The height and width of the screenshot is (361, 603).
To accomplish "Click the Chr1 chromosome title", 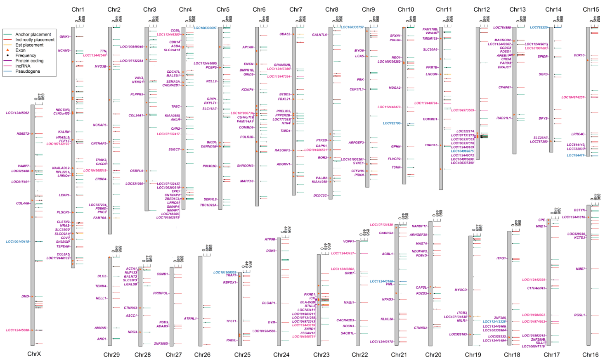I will point(78,9).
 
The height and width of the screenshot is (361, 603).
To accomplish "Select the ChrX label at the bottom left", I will point(34,354).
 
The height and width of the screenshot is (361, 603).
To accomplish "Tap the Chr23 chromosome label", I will point(321,355).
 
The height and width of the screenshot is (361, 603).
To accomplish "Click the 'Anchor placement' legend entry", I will point(33,34).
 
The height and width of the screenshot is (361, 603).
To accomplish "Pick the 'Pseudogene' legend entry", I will point(28,71).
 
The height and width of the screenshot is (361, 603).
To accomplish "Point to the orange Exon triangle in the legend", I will point(7,50).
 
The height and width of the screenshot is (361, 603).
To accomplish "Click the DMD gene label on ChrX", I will point(25,297).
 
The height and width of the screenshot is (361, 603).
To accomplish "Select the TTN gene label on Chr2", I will point(103,51).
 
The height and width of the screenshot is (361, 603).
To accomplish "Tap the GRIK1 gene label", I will point(64,37).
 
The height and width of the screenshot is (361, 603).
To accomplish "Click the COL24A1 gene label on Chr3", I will point(136,116).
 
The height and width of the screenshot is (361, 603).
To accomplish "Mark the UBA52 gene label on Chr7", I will point(285,34).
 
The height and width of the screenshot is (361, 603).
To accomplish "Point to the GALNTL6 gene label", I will point(319,35).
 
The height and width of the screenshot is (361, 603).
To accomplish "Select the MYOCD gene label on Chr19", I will point(461,290).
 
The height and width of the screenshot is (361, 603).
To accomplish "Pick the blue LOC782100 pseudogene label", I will point(391,123).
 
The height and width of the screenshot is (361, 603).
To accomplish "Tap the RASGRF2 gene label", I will point(282,150).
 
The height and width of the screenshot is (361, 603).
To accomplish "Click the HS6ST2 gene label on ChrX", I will point(23,134).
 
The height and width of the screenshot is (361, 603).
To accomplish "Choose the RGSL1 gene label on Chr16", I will point(579,315).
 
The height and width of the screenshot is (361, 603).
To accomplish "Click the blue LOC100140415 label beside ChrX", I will point(17,242).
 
